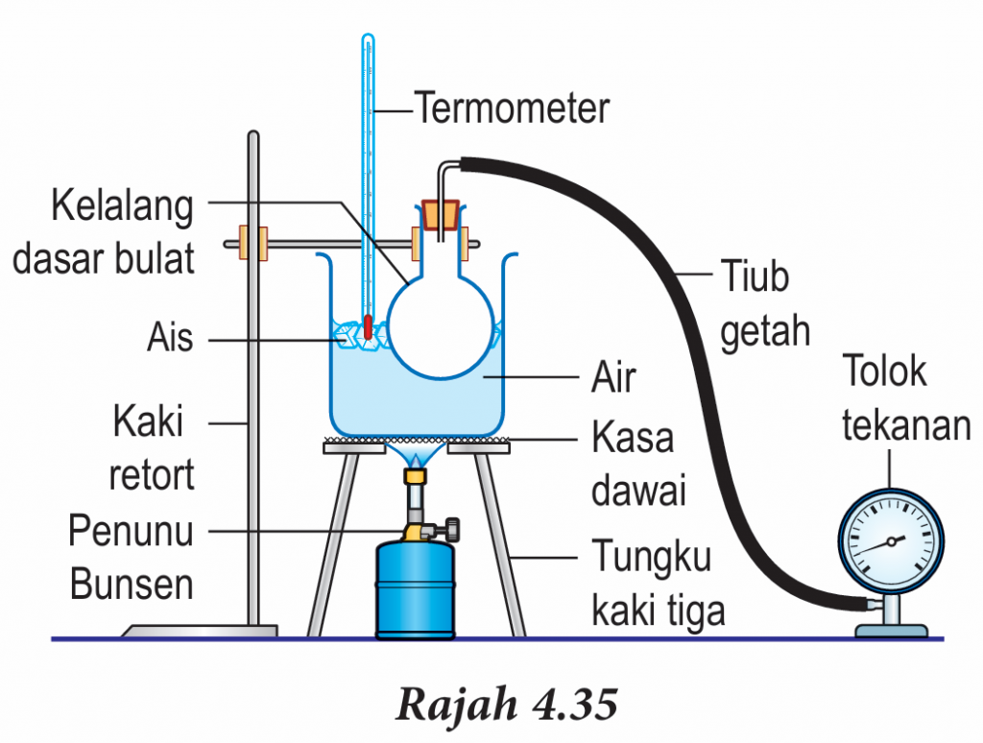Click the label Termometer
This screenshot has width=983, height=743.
(512, 108)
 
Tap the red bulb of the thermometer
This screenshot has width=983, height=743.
(367, 325)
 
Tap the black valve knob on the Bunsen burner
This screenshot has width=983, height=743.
(446, 528)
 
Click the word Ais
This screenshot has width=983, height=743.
(170, 338)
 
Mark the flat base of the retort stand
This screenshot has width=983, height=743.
(201, 631)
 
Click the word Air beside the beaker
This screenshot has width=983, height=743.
(612, 377)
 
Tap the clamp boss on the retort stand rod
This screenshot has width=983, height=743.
(254, 243)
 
